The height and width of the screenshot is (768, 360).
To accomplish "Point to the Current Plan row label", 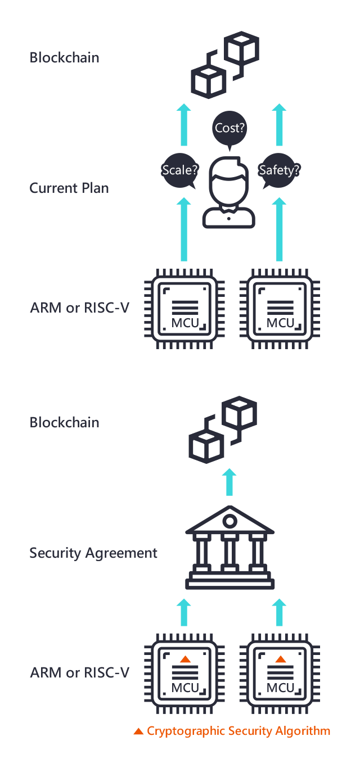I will point(69,188).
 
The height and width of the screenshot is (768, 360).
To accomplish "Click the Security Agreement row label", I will point(93,553).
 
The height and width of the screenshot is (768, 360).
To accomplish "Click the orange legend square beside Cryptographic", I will point(138,731).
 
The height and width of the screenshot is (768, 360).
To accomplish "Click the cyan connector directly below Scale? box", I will point(183,229).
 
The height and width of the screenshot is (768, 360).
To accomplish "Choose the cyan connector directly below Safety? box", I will point(279,229).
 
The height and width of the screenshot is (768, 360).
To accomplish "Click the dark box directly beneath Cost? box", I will point(228,192).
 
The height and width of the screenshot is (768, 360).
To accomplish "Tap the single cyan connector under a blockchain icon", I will point(229,482).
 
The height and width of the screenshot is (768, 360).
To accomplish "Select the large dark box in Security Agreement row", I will point(230,547).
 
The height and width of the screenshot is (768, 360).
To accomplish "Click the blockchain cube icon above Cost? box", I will point(223,65).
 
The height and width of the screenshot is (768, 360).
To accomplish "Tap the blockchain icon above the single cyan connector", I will point(223,429).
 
